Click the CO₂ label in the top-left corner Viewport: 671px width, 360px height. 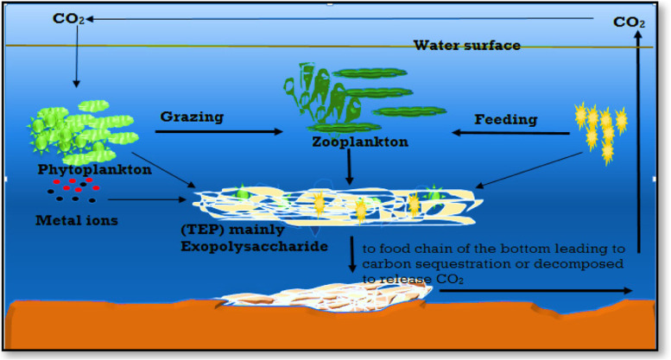(x=68, y=19)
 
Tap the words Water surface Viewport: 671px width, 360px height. (x=466, y=46)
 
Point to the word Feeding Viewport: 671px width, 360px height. (x=507, y=119)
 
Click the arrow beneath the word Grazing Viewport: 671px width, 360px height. (x=219, y=132)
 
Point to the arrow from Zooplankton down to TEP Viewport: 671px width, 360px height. (x=348, y=164)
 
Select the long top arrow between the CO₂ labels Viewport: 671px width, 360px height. (x=345, y=18)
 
